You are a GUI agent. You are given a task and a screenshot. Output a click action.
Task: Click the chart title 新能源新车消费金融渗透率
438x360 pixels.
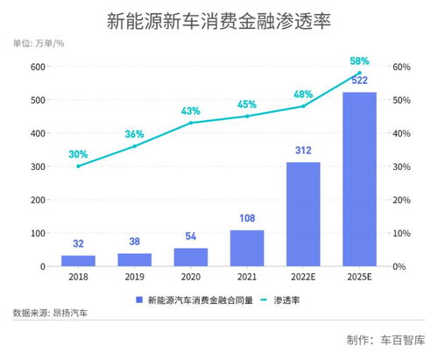[x=219, y=18]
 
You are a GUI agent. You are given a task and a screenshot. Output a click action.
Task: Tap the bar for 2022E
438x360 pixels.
[x=304, y=215]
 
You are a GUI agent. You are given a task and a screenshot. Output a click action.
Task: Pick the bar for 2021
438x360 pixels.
[x=247, y=248]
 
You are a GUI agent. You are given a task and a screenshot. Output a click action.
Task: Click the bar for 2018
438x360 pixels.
[x=79, y=261]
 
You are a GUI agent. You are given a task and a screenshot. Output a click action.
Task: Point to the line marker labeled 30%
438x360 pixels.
[x=79, y=166]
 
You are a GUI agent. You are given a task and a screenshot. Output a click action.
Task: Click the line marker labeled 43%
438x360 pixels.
[x=191, y=123]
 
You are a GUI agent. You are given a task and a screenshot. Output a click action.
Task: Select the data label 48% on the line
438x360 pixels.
[x=304, y=93]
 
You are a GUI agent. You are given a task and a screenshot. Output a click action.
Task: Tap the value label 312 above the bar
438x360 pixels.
[x=304, y=151]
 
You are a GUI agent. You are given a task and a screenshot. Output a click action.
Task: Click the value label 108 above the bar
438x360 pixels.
[x=247, y=218]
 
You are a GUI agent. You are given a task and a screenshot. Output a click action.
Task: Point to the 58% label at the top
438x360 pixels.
[x=360, y=61]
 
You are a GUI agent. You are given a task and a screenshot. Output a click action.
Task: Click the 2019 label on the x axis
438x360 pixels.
[x=135, y=278]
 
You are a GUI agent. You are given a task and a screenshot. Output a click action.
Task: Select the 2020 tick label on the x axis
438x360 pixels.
[x=191, y=278]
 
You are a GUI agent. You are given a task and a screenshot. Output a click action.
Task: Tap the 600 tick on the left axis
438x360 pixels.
[x=38, y=67]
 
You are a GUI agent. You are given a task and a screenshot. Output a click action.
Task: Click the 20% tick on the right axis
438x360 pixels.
[x=401, y=200]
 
